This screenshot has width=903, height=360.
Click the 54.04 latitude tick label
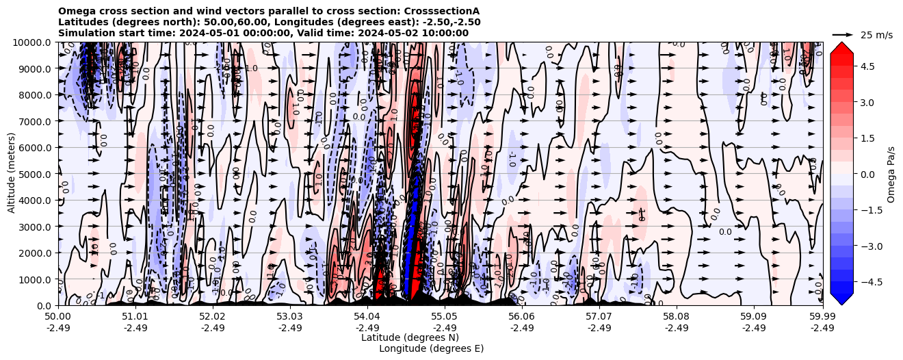367,317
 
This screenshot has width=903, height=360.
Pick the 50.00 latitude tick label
58,317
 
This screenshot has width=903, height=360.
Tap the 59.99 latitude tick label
822,317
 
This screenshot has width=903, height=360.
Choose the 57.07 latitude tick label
599,317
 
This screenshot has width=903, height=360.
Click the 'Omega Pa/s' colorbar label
891,174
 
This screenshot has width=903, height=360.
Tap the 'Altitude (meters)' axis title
12,174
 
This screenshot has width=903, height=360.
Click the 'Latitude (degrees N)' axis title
410,337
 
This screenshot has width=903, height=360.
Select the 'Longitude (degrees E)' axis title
432,348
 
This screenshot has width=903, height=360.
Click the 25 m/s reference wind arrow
843,34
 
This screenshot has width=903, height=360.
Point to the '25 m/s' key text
876,35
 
